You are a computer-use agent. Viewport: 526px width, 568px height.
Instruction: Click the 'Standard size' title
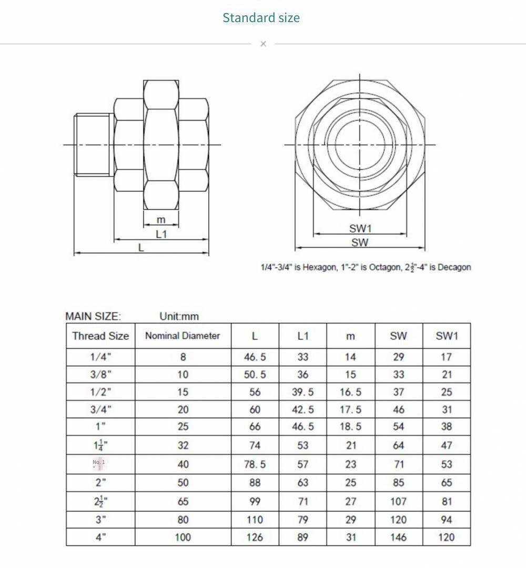261,17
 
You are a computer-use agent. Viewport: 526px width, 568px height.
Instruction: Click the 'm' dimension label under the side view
161,220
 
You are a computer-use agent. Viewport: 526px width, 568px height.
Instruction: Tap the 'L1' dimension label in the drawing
161,234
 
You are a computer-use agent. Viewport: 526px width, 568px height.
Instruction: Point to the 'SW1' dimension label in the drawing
360,228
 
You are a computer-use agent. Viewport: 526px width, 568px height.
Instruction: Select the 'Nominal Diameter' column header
183,336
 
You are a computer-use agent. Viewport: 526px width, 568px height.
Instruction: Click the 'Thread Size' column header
100,336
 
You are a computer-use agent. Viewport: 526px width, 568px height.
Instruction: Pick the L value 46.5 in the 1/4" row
255,357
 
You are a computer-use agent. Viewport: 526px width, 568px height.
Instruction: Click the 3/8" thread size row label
100,374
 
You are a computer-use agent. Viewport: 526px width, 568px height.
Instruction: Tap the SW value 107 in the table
398,501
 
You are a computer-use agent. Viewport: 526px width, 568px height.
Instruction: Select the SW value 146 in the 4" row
398,537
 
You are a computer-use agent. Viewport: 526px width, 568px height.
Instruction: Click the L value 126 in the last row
255,537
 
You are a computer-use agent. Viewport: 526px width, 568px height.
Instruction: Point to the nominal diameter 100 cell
183,537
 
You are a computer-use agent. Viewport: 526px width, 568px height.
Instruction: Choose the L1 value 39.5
302,392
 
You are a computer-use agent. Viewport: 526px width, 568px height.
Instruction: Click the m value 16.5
350,392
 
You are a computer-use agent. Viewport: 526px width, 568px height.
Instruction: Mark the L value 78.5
255,464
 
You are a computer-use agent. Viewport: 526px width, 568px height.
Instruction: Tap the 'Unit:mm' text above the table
179,316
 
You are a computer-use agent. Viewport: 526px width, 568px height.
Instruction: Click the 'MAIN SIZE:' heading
93,316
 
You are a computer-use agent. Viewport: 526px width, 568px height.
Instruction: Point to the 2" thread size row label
100,483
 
